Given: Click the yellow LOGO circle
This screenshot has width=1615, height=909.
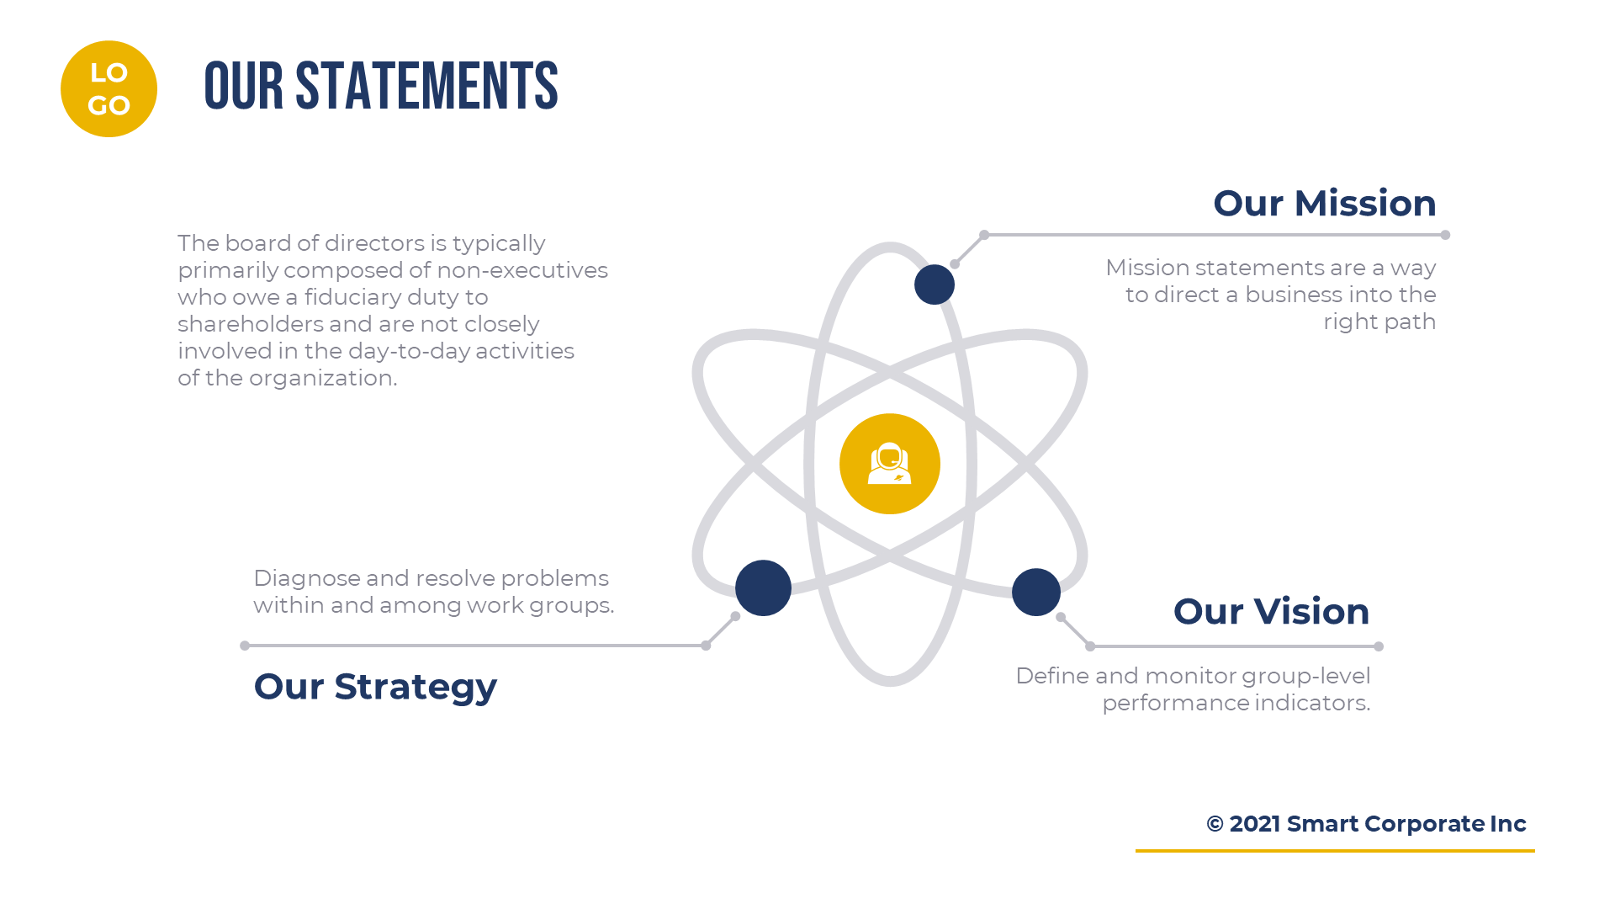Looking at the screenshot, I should pos(109,89).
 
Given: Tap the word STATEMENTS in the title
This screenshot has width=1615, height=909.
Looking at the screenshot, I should pos(426,87).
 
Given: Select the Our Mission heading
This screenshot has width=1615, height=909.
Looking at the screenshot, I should pos(1324,204).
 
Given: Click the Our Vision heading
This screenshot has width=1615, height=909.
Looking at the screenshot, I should pos(1271,612).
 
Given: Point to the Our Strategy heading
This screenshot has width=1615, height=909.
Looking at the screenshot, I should pos(375,687).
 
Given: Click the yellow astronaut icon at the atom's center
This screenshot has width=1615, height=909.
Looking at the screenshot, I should pos(889,464).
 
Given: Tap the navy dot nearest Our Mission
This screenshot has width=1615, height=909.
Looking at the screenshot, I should pos(934,284).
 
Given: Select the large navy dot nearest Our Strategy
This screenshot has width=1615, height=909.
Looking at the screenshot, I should pos(763,587).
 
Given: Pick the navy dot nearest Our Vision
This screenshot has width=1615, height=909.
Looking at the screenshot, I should pos(1035,592).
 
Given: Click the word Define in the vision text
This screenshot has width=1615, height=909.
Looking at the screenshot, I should pos(1051,676).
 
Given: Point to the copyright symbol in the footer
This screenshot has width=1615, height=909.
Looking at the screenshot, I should pos(1215,824).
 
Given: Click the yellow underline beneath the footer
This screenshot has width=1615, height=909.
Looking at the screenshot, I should pos(1334,851).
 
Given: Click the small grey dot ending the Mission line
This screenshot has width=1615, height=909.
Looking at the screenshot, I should pos(1445,235).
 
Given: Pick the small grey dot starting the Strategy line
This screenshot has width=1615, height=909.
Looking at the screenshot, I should pos(245,646).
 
